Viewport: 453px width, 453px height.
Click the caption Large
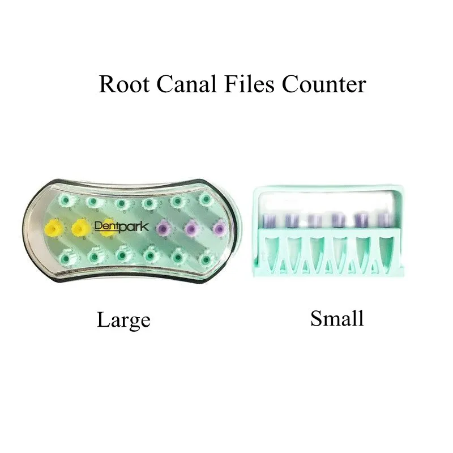point(123,320)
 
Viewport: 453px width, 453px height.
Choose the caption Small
point(337,318)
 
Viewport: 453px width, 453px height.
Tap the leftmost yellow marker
point(52,228)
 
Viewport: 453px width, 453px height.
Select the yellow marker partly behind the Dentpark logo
point(109,228)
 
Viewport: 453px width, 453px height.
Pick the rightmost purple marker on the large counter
point(219,228)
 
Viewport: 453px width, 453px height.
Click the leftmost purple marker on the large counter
point(164,228)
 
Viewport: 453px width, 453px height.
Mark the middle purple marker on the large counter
point(191,228)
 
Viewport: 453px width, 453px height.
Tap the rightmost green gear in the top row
point(204,201)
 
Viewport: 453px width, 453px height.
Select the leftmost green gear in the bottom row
point(66,257)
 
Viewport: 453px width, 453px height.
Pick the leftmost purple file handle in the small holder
point(268,220)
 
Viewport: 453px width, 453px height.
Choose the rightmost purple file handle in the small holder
point(384,220)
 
